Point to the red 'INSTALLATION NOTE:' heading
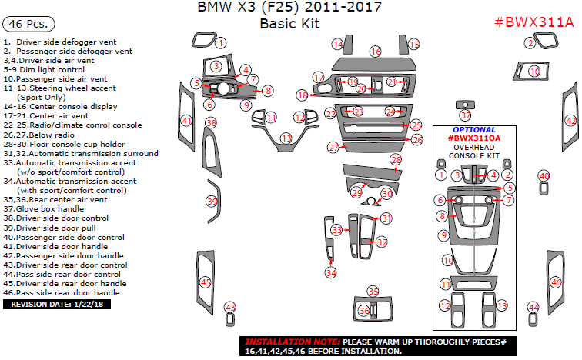click(x=292, y=341)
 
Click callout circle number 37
click(x=465, y=115)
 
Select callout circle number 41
click(x=186, y=121)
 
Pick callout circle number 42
click(x=570, y=121)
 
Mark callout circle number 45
click(x=206, y=282)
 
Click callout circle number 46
click(x=556, y=283)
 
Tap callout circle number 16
click(x=375, y=52)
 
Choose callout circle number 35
click(x=373, y=292)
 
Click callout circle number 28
click(x=396, y=160)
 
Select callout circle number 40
click(x=544, y=176)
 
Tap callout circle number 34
click(x=330, y=272)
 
